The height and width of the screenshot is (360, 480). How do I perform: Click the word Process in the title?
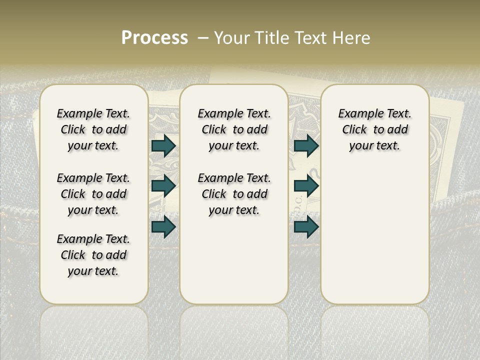tap(154, 38)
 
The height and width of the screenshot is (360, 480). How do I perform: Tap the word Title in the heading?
tap(270, 38)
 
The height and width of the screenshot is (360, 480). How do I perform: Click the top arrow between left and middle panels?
tap(163, 145)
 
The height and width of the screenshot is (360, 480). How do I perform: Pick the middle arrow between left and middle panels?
tap(163, 186)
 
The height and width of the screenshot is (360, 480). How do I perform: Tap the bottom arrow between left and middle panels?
tap(163, 227)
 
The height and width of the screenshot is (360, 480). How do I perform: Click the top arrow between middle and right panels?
tap(306, 145)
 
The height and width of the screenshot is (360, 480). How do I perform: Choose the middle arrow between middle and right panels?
tap(306, 186)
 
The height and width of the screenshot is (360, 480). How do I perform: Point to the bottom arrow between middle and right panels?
tap(306, 227)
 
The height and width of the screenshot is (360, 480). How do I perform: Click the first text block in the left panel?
tap(93, 129)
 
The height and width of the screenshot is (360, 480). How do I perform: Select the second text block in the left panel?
tap(93, 194)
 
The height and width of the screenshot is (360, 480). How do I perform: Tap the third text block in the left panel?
tap(93, 255)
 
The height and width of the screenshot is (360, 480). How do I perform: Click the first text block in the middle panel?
tap(234, 129)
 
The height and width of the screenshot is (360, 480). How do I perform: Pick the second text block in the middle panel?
tap(234, 194)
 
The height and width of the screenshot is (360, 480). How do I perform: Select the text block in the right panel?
tap(374, 129)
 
